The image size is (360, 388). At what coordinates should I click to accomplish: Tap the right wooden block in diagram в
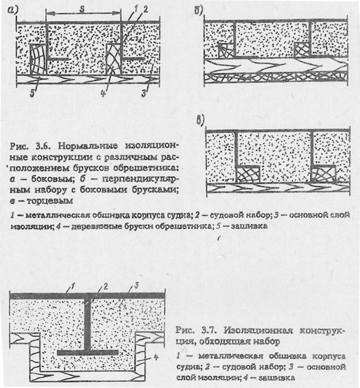[324, 174]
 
